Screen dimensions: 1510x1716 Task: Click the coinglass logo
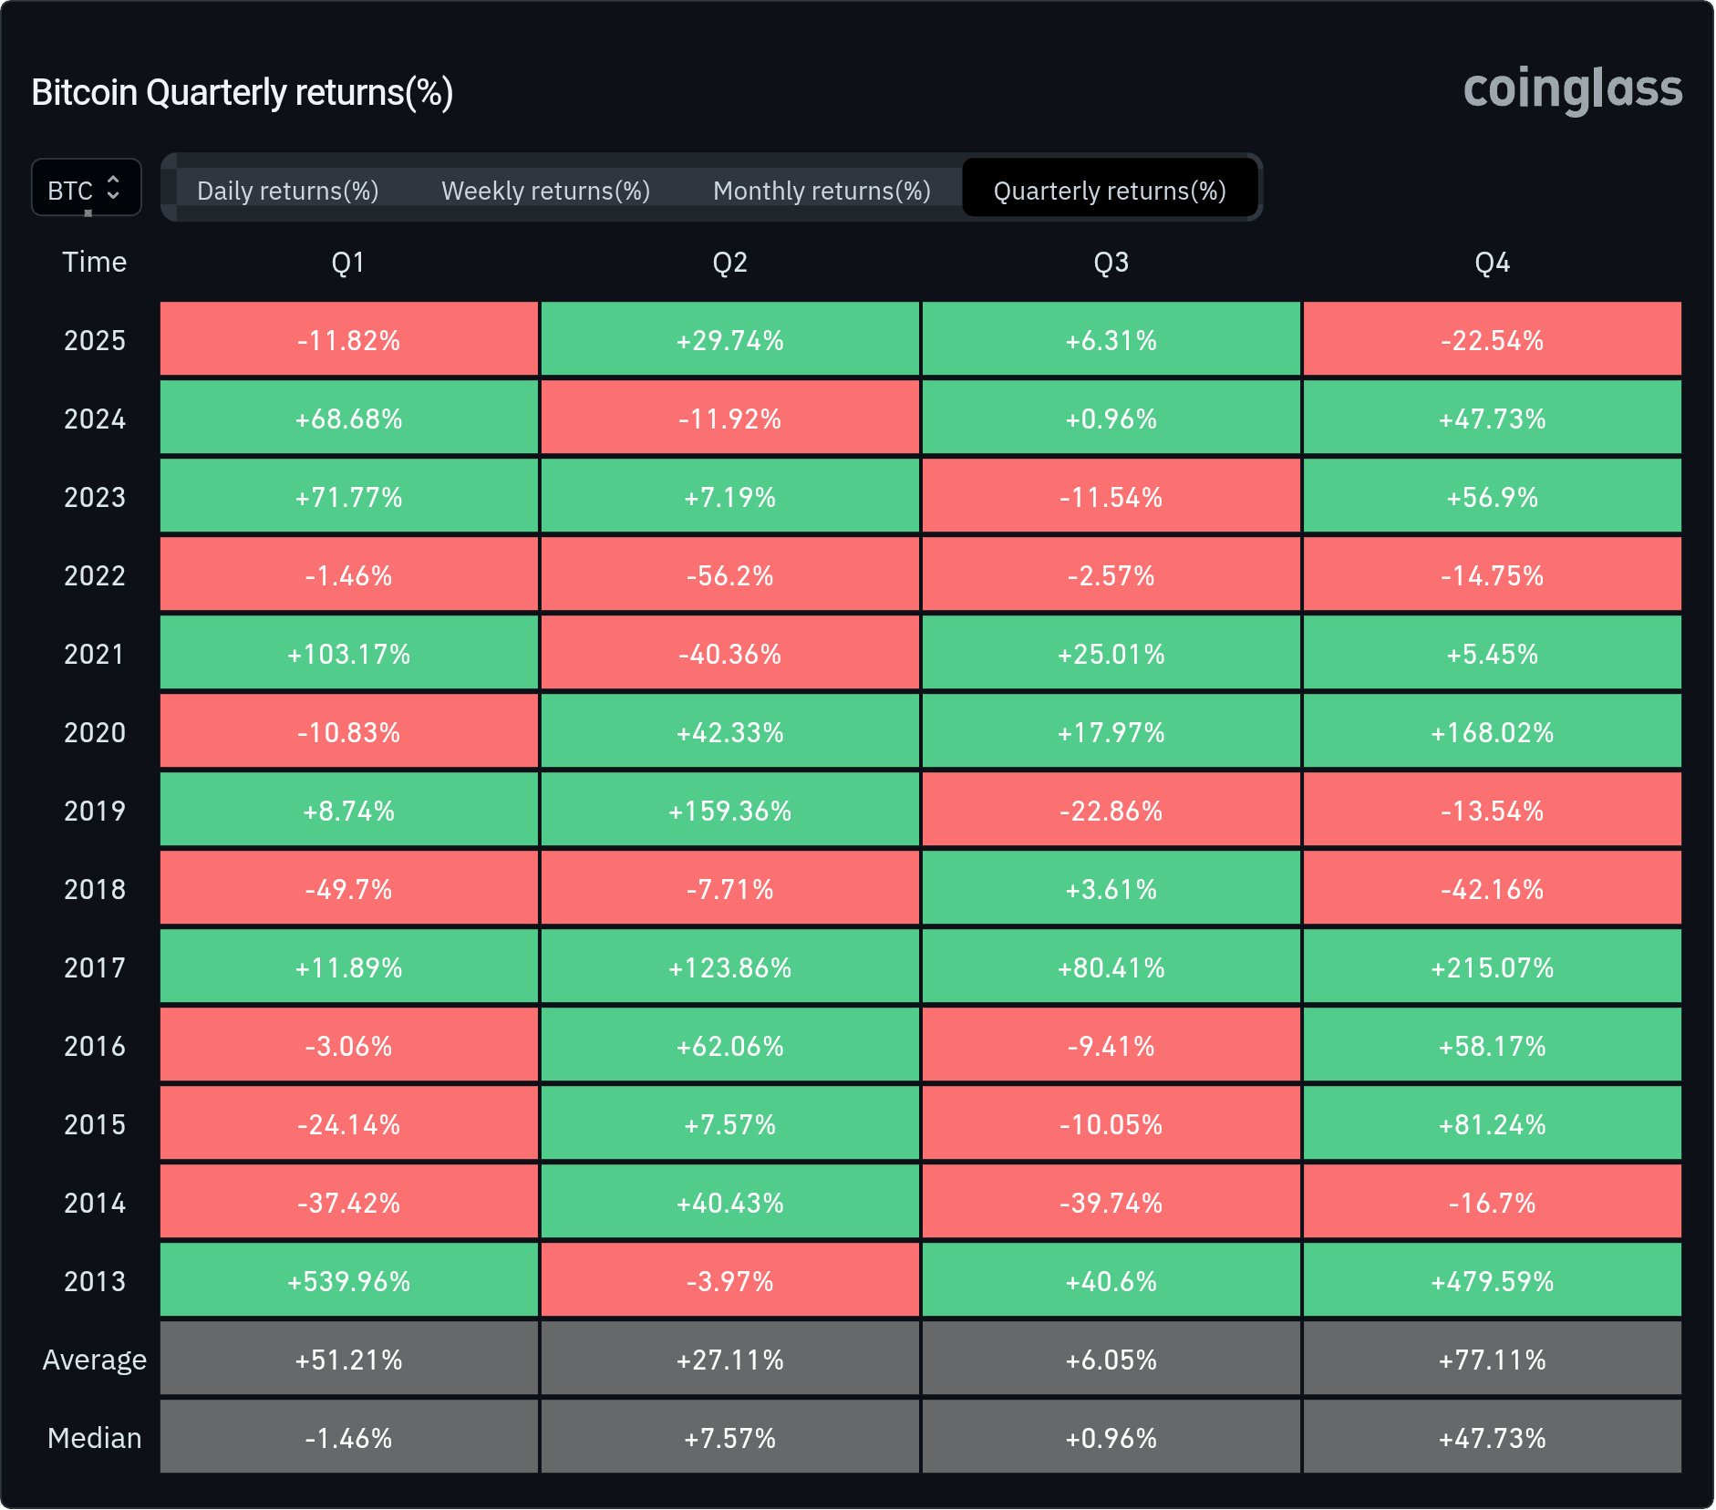(x=1572, y=90)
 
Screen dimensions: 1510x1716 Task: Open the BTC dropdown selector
(x=86, y=189)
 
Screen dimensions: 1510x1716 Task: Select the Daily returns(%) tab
(x=287, y=191)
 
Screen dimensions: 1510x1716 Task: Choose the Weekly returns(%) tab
(x=545, y=191)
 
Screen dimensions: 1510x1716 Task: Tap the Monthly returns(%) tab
(x=821, y=191)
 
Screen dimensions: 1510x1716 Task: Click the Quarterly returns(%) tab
(x=1109, y=191)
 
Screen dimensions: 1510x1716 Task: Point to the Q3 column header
(x=1111, y=263)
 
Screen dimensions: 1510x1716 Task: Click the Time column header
(x=94, y=263)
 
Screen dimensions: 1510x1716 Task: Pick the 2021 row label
(x=94, y=654)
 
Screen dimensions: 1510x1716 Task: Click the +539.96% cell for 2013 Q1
(x=348, y=1281)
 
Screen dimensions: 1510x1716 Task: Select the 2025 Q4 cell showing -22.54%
(x=1492, y=340)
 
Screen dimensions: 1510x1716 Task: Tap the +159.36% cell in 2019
(x=729, y=811)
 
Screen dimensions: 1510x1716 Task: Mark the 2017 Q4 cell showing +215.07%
(x=1492, y=967)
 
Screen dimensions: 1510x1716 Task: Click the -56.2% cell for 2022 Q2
(x=729, y=575)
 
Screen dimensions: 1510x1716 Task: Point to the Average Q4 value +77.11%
(x=1492, y=1360)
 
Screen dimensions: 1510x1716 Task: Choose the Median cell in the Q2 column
(x=729, y=1438)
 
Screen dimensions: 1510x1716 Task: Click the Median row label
(x=94, y=1438)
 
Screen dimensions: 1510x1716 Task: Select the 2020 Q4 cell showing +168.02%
(x=1492, y=732)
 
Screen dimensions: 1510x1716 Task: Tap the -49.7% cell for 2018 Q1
(x=348, y=889)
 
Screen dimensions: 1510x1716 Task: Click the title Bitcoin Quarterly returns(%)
(x=242, y=93)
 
